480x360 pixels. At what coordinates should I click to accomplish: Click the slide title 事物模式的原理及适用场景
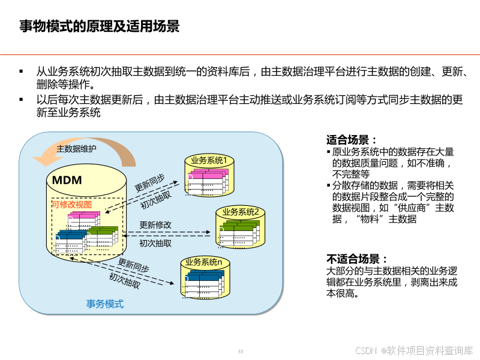(99, 27)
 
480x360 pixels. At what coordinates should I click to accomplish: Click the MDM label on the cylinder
(67, 180)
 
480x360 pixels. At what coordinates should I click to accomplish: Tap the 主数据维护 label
(76, 149)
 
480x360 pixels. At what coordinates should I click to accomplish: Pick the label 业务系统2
(240, 211)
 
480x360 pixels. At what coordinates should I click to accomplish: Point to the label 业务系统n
(203, 262)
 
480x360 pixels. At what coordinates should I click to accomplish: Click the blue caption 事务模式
(105, 304)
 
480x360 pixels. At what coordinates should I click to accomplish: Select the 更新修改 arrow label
(155, 224)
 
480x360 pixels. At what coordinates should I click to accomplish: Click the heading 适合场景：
(353, 139)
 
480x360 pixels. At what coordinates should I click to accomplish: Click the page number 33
(241, 351)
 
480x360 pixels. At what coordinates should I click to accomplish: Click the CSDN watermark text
(413, 350)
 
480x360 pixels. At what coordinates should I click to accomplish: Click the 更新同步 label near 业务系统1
(149, 182)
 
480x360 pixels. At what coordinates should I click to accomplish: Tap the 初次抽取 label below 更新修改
(155, 243)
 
